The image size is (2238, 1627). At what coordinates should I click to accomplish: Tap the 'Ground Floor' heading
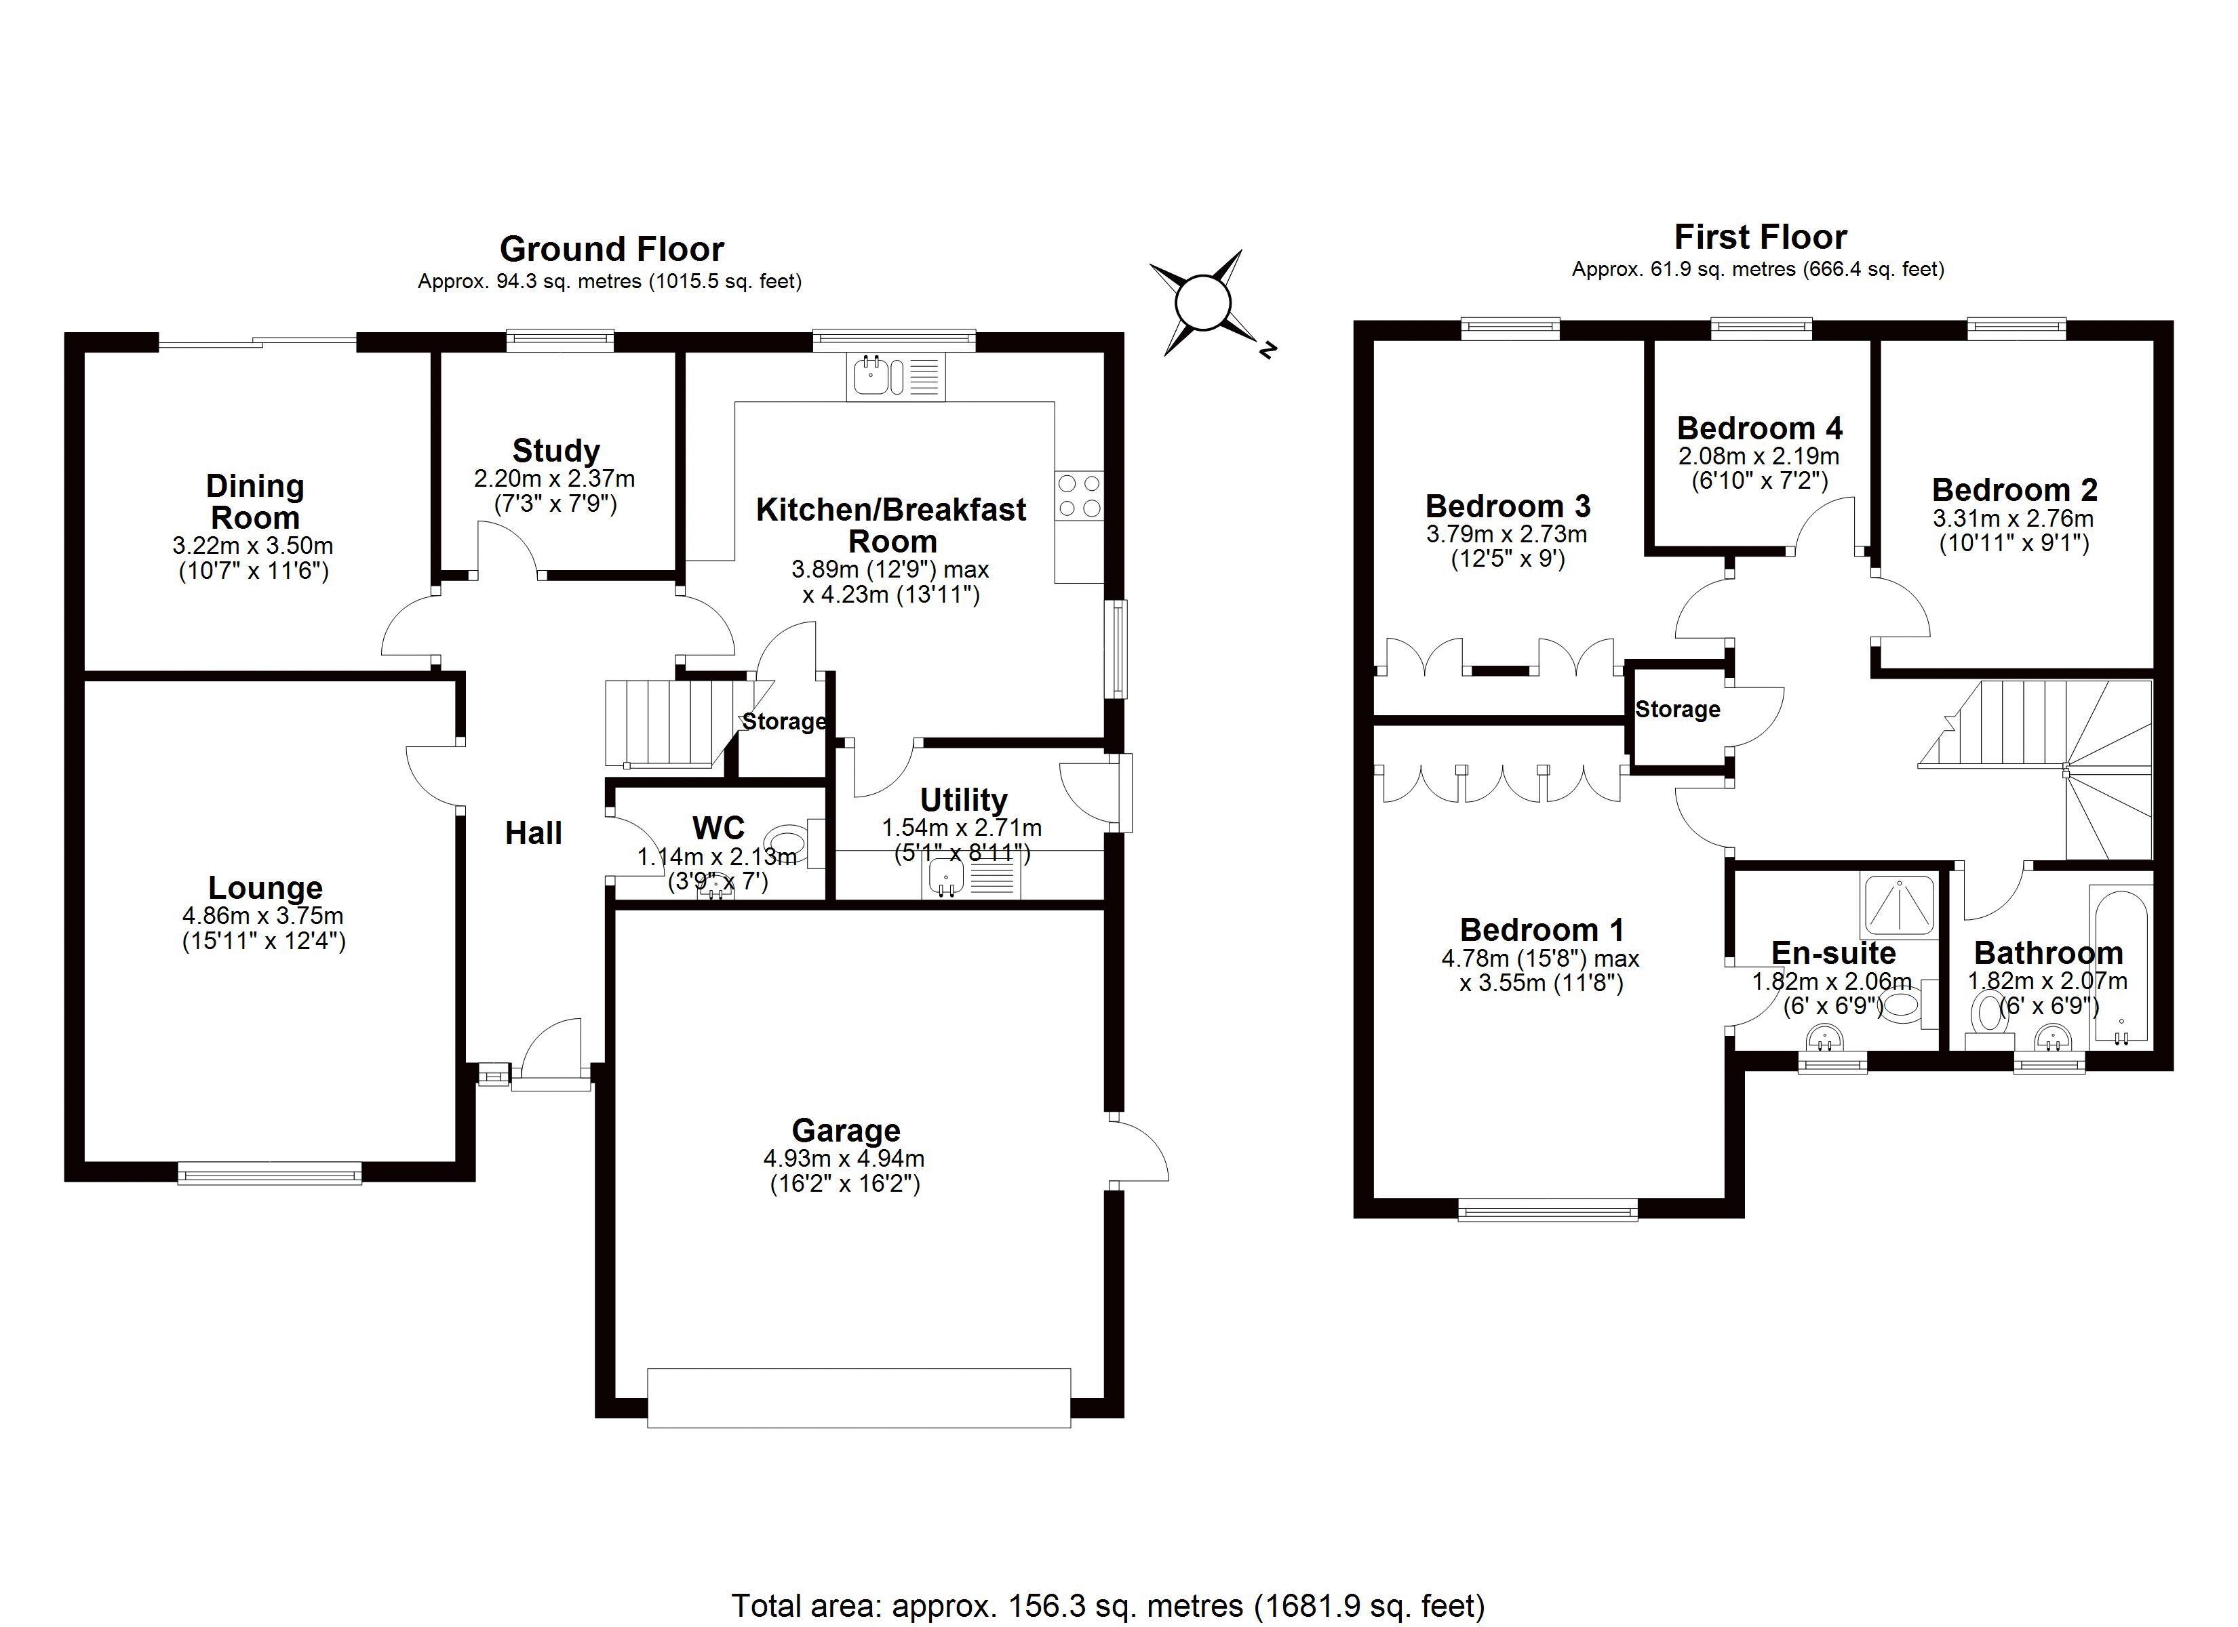click(612, 249)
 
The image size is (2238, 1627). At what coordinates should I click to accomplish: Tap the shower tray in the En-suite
click(1898, 906)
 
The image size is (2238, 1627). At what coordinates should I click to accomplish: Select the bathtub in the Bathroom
click(2119, 965)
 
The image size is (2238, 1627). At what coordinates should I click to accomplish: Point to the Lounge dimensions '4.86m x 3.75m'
click(263, 916)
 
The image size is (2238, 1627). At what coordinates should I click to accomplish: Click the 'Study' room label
click(555, 451)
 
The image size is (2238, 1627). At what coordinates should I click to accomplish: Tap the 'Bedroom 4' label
click(1759, 428)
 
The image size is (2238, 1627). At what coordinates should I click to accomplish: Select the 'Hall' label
click(534, 834)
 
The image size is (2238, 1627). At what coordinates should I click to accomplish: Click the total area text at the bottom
click(1107, 1605)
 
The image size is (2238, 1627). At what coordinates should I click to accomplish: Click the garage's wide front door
click(859, 1397)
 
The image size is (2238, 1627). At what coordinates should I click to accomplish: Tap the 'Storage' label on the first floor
click(1678, 709)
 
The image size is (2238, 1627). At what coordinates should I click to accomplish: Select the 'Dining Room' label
click(254, 501)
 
